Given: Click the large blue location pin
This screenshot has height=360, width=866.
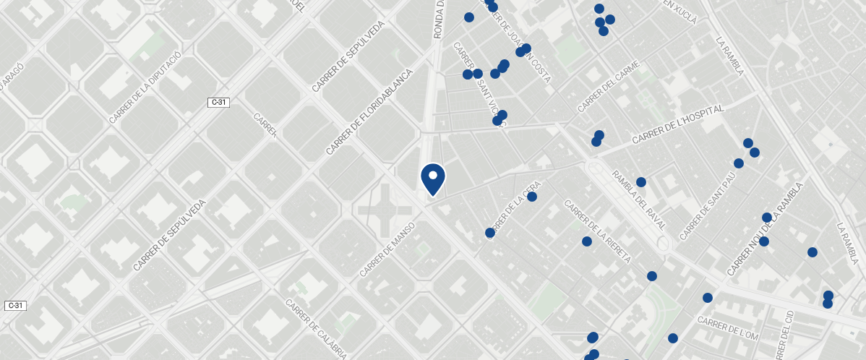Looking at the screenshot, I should point(432,179).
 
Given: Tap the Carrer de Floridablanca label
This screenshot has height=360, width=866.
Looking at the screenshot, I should point(369,112).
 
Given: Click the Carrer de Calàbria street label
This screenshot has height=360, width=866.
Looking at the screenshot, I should point(315,329).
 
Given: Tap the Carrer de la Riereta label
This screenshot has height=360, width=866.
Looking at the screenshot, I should point(597,232).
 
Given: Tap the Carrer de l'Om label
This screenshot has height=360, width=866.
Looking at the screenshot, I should point(728,328).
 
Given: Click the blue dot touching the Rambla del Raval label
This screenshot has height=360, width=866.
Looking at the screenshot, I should point(640,182).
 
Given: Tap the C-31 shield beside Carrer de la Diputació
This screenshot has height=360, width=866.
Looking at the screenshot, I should point(218,103).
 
